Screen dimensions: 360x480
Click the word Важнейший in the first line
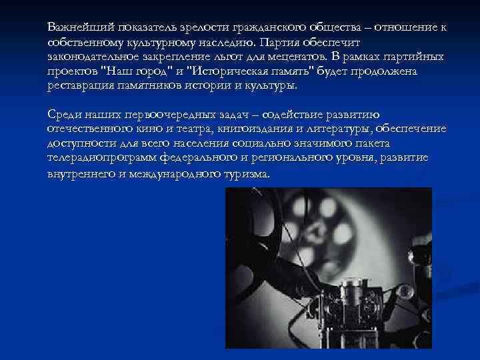pyautogui.click(x=75, y=27)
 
